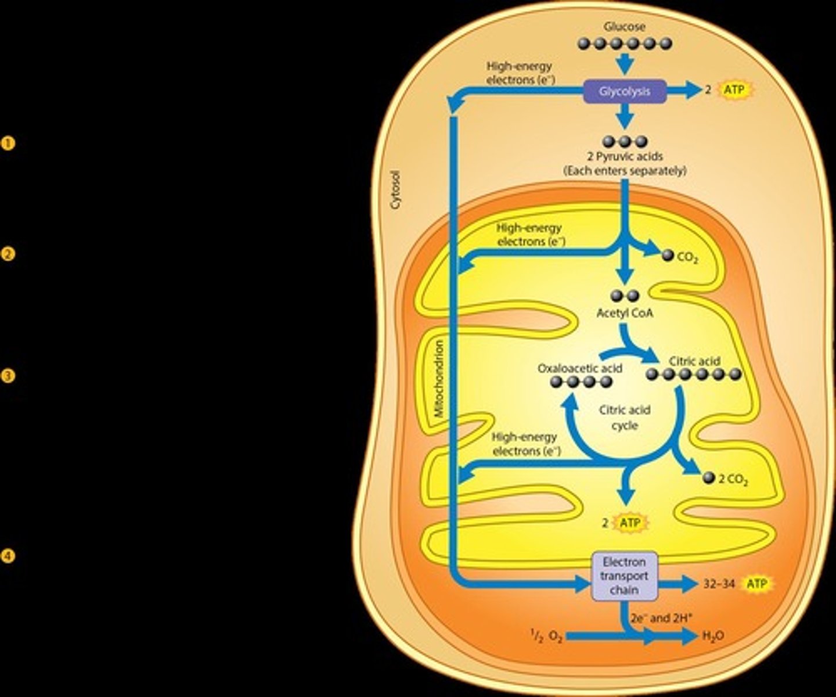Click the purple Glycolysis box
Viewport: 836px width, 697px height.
(624, 91)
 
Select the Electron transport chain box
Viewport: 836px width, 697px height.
(624, 576)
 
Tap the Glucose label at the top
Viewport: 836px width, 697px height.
(624, 27)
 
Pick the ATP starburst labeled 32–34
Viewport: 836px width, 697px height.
(756, 584)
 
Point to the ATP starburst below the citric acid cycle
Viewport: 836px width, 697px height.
(630, 523)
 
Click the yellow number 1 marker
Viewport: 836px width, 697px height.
(8, 143)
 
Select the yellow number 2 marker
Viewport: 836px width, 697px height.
(8, 254)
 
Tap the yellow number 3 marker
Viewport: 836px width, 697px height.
(8, 376)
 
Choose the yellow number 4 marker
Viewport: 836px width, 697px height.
(8, 556)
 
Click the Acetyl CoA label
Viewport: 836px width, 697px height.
(625, 313)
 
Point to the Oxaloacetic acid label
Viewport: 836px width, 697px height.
(579, 368)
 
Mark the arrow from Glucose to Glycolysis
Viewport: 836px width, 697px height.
(624, 63)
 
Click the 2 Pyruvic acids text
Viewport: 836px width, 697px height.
(625, 156)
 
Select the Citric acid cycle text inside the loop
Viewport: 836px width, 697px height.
(625, 417)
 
